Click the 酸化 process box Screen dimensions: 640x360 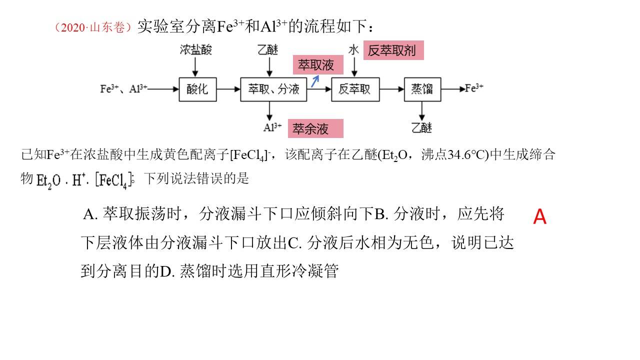(197, 89)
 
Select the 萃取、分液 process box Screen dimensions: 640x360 (273, 89)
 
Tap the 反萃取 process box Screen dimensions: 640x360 (355, 89)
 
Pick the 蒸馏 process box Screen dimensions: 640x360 (422, 89)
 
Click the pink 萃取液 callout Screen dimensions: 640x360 (318, 65)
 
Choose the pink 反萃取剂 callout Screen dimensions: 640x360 (393, 50)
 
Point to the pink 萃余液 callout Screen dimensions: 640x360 (315, 128)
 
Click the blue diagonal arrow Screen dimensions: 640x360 (315, 81)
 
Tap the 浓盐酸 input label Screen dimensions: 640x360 (195, 49)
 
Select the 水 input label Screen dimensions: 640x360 (353, 50)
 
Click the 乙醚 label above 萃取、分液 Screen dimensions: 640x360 (267, 49)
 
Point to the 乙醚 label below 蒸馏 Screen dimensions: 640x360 (421, 127)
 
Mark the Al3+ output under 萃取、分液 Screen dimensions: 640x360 (272, 127)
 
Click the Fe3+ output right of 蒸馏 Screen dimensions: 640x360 (474, 88)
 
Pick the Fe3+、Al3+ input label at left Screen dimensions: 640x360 (123, 89)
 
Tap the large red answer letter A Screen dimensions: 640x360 (539, 216)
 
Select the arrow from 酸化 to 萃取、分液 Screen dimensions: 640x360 (228, 89)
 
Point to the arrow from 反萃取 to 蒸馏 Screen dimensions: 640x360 (392, 89)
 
